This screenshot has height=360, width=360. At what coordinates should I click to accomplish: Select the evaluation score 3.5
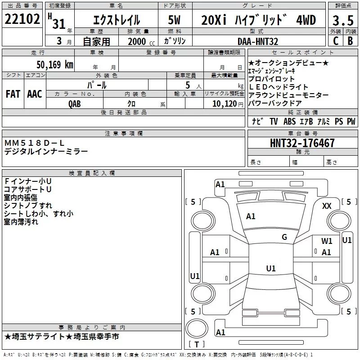tap(342, 20)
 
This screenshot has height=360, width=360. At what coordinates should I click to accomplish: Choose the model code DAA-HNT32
tap(258, 41)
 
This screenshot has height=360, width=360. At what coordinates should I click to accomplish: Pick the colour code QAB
tap(75, 103)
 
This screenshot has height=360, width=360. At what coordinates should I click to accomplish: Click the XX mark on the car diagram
tap(327, 206)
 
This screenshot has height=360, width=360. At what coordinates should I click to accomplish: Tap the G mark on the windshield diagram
tap(284, 237)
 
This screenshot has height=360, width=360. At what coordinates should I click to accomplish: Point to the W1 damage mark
tap(327, 241)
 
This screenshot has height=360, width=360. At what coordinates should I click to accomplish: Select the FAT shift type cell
tap(13, 94)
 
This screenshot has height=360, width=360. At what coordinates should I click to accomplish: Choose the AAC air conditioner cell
tap(35, 94)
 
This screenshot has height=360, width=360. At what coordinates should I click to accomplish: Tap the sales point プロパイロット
tap(272, 79)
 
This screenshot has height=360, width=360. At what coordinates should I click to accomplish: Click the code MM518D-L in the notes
tap(35, 143)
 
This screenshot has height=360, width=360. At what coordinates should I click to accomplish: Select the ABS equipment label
tap(289, 121)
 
